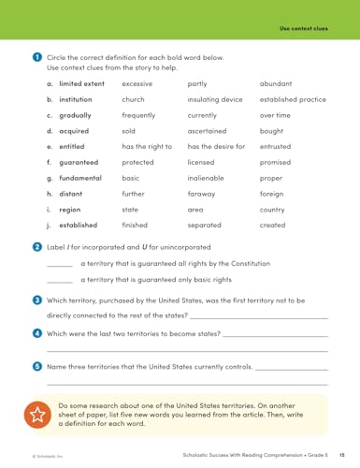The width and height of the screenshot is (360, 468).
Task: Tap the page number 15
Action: [x=344, y=453]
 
